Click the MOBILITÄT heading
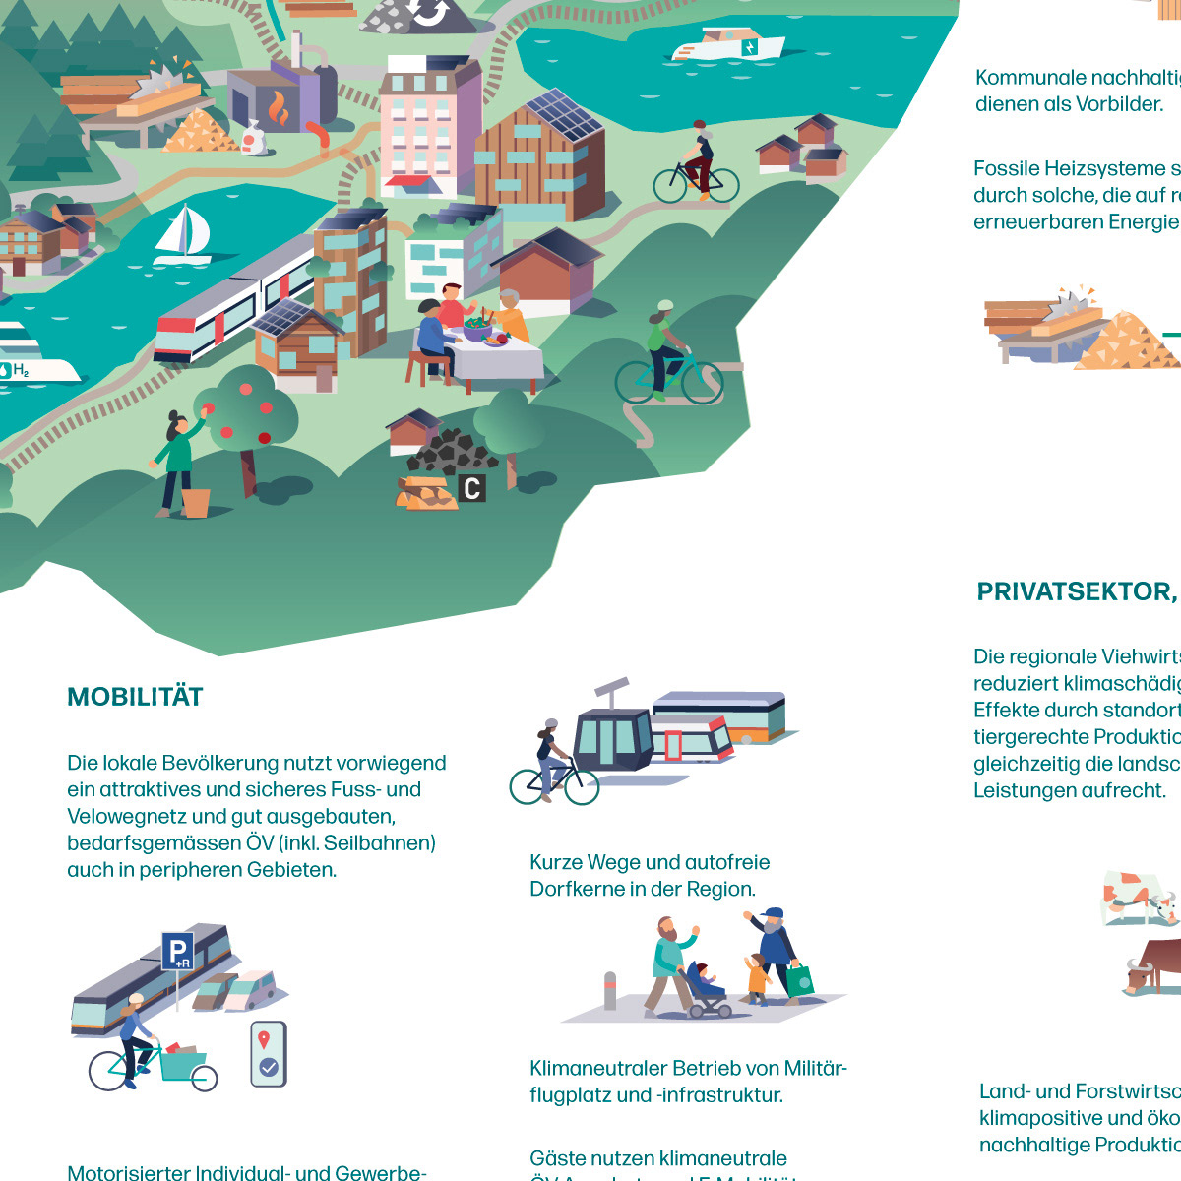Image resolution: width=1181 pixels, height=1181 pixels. pos(135,697)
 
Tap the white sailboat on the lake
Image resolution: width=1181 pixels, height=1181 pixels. pos(183,234)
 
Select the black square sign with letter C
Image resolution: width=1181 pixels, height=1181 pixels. pos(472,487)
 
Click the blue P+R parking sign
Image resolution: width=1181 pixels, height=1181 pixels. pos(178,951)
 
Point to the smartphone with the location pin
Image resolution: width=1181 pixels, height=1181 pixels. pos(268,1053)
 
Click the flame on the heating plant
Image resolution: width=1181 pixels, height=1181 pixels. pos(280,109)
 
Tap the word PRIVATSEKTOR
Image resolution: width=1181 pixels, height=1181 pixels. pos(1074,591)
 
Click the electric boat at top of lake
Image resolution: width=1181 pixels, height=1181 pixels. pos(729,44)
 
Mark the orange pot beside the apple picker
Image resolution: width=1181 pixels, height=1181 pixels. pos(196,502)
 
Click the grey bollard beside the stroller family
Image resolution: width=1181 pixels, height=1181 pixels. pos(610,991)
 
